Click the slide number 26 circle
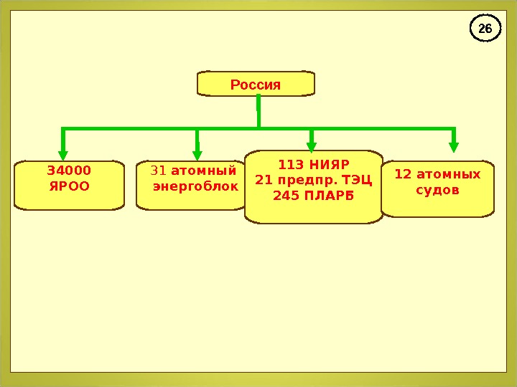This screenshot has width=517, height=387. (x=485, y=29)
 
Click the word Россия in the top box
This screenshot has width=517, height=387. (x=256, y=85)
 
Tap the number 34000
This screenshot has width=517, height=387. (x=69, y=171)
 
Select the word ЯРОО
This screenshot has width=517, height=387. (x=69, y=186)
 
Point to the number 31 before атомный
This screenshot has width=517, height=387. (x=159, y=171)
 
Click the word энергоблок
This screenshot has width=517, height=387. (x=195, y=187)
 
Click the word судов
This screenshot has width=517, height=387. (x=437, y=191)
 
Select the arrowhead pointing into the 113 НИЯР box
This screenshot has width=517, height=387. (x=312, y=145)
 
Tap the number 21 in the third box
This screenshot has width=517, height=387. (x=263, y=178)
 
